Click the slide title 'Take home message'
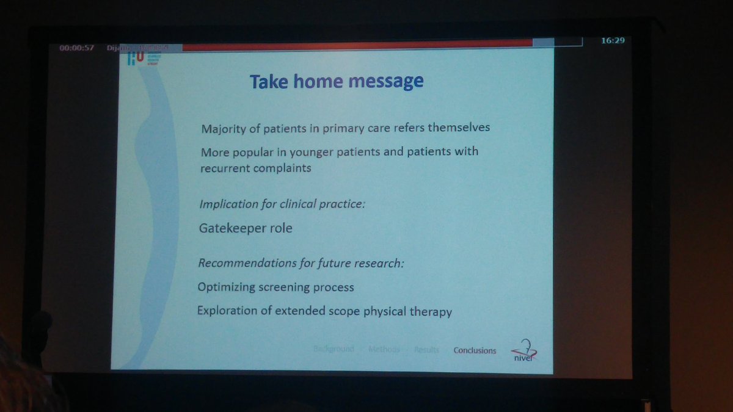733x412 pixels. coord(337,81)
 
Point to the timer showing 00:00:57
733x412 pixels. coord(76,48)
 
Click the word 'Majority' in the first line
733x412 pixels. coord(222,129)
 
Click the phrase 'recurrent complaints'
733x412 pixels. coord(255,168)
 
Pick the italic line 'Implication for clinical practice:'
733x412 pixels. coord(282,203)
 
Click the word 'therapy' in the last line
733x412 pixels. coord(431,311)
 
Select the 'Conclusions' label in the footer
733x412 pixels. coord(475,350)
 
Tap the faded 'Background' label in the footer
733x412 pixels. coord(334,349)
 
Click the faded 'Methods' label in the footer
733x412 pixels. coord(384,349)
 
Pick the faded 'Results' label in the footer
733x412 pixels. coord(426,350)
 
